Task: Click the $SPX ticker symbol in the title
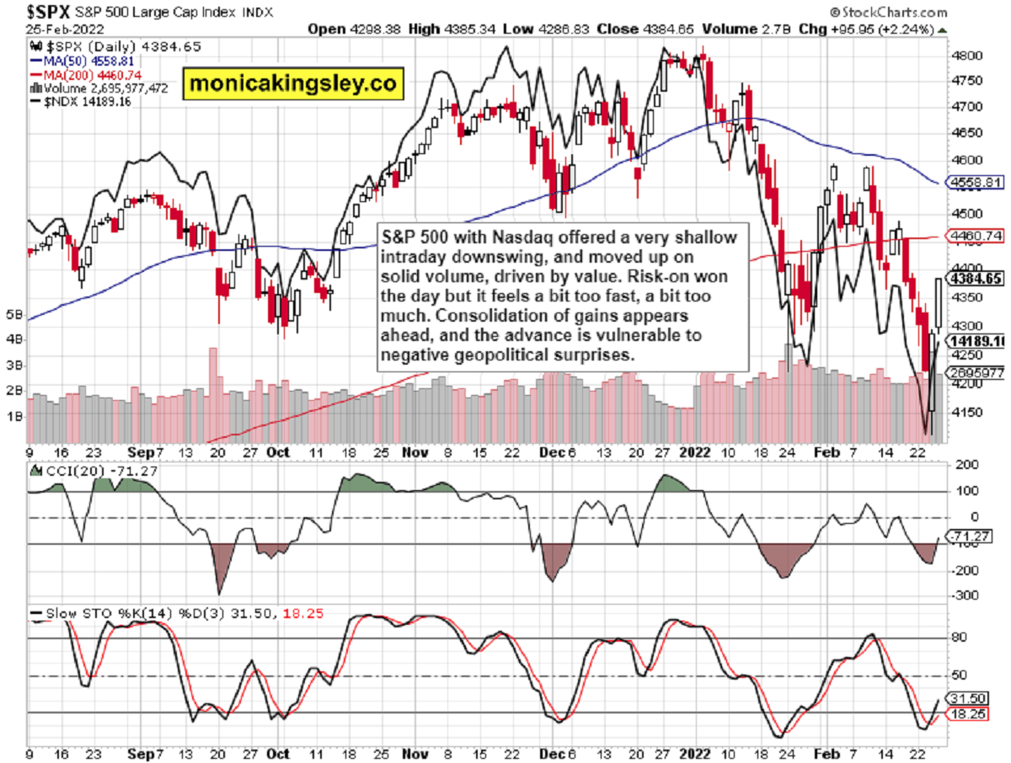tap(48, 12)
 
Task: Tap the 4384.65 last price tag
tap(975, 278)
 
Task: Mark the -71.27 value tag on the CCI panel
tap(972, 536)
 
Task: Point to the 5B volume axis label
tap(14, 315)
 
